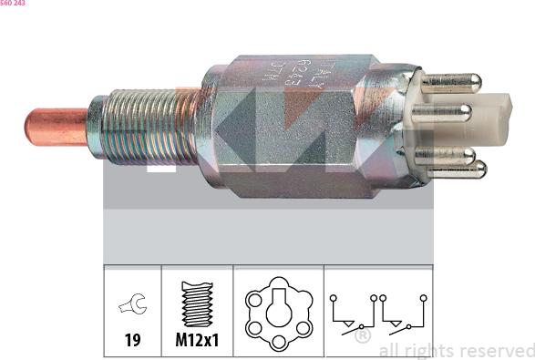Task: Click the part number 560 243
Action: point(13,4)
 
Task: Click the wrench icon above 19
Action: point(132,306)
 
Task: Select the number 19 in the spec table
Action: point(132,340)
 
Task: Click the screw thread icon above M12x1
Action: point(197,304)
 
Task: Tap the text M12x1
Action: point(197,340)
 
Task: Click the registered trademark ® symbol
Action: point(362,336)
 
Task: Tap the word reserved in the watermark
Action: point(493,350)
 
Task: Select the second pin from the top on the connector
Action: point(442,113)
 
